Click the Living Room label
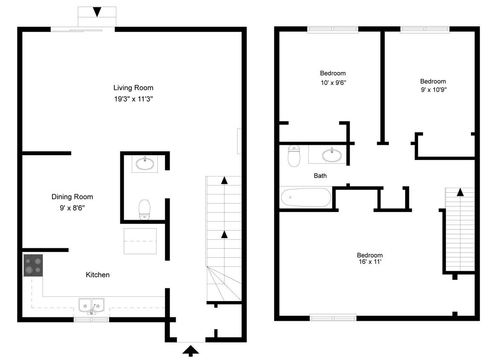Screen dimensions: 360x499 (x=133, y=88)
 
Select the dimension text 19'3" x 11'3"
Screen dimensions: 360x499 (x=133, y=99)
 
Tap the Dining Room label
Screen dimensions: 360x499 (x=72, y=197)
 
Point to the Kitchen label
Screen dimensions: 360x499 (x=98, y=275)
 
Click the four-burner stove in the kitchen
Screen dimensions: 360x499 (x=33, y=265)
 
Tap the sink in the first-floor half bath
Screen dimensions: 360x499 (x=145, y=163)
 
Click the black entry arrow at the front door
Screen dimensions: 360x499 (x=191, y=351)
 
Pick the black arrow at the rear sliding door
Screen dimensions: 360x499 (x=97, y=12)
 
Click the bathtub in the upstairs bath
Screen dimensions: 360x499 (x=306, y=197)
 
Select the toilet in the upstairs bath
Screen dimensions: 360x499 (x=294, y=156)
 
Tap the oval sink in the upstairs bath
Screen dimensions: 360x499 (x=332, y=155)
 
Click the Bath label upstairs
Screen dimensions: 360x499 (x=320, y=176)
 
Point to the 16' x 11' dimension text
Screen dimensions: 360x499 (x=370, y=262)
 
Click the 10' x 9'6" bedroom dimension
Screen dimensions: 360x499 (x=333, y=83)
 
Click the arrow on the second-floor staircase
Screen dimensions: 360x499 (x=460, y=192)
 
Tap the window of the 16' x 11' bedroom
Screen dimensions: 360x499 (x=333, y=317)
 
